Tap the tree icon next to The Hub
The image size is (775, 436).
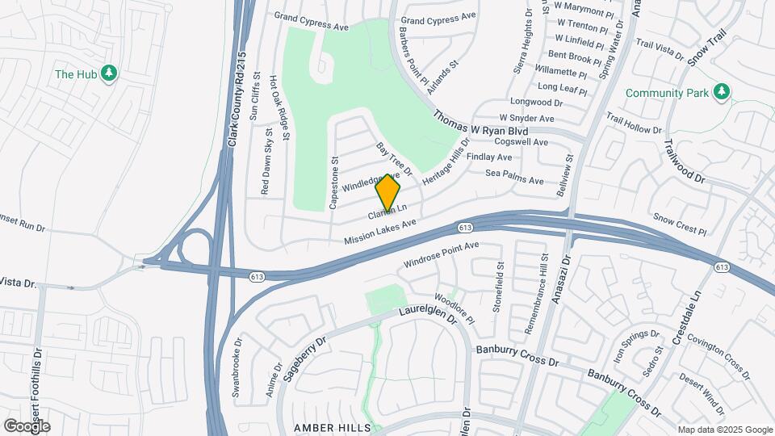(111, 74)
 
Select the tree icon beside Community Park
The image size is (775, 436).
(722, 93)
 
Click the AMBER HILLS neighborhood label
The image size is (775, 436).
(332, 427)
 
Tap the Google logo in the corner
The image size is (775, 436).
(27, 426)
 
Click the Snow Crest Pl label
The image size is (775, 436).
(680, 224)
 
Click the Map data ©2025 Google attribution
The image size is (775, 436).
(725, 430)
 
